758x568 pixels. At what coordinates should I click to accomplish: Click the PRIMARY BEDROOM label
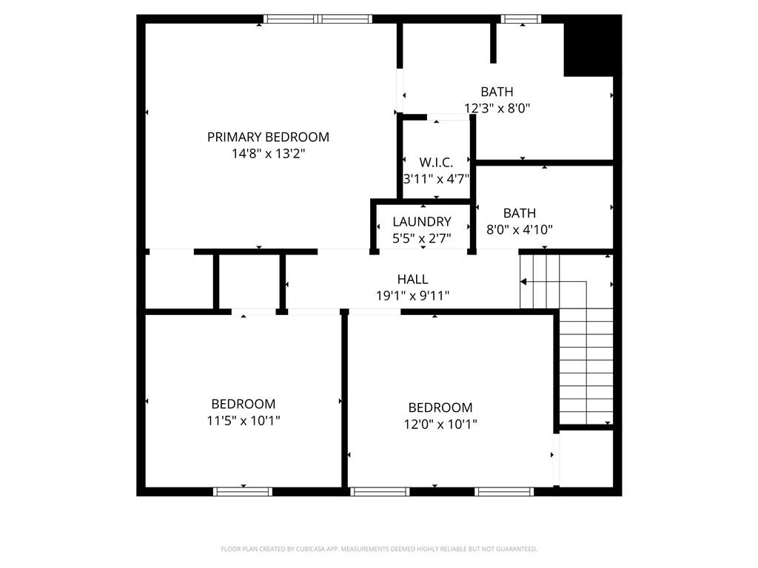[x=268, y=137]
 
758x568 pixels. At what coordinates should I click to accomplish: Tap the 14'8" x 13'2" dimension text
[x=268, y=154]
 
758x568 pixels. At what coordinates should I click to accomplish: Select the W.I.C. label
[x=436, y=162]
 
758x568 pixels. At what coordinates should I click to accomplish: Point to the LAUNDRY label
[x=421, y=222]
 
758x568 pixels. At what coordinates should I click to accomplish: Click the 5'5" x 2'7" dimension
[x=421, y=238]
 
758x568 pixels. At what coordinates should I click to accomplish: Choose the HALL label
[x=412, y=279]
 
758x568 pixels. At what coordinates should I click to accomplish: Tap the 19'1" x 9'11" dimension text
[x=413, y=296]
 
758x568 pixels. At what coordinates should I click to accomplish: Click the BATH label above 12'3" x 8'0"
[x=497, y=92]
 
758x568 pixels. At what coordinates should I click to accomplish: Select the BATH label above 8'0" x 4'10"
[x=520, y=213]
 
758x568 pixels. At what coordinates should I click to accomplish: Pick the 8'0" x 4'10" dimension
[x=520, y=229]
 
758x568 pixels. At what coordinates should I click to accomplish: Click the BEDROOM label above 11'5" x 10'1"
[x=243, y=404]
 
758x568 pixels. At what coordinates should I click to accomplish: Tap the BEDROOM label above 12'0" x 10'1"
[x=440, y=408]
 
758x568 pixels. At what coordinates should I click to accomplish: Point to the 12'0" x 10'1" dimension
[x=440, y=424]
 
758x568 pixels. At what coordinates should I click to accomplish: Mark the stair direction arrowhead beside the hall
[x=523, y=282]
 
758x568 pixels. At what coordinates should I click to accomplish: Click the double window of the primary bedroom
[x=318, y=18]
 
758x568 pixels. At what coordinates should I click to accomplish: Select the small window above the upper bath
[x=520, y=18]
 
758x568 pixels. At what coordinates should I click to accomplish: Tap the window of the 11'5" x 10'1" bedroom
[x=243, y=492]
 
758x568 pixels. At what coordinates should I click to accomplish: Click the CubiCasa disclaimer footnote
[x=379, y=550]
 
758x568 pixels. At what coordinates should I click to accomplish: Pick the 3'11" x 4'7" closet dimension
[x=437, y=179]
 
